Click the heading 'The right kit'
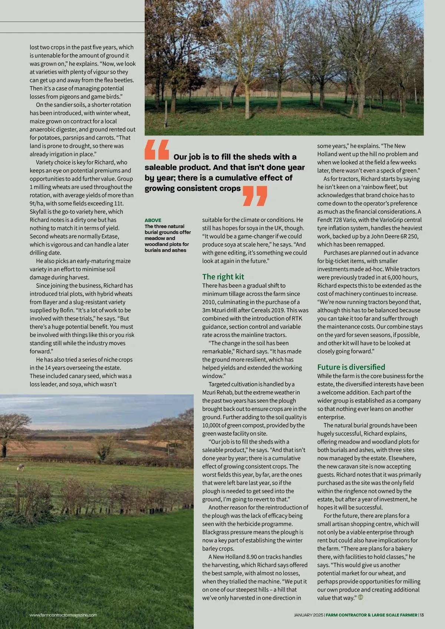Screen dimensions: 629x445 click(223, 277)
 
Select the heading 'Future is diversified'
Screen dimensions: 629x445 click(351, 367)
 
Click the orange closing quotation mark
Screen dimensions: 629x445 click(255, 196)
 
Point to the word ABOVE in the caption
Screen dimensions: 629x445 click(153, 220)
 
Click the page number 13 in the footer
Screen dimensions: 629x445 click(422, 615)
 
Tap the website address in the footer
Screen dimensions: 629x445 click(63, 615)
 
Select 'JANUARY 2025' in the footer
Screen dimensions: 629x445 click(309, 615)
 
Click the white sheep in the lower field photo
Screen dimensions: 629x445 click(21, 468)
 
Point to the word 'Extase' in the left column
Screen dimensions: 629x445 click(110, 236)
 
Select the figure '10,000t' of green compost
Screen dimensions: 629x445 click(212, 425)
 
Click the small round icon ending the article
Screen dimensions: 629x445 click(360, 597)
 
